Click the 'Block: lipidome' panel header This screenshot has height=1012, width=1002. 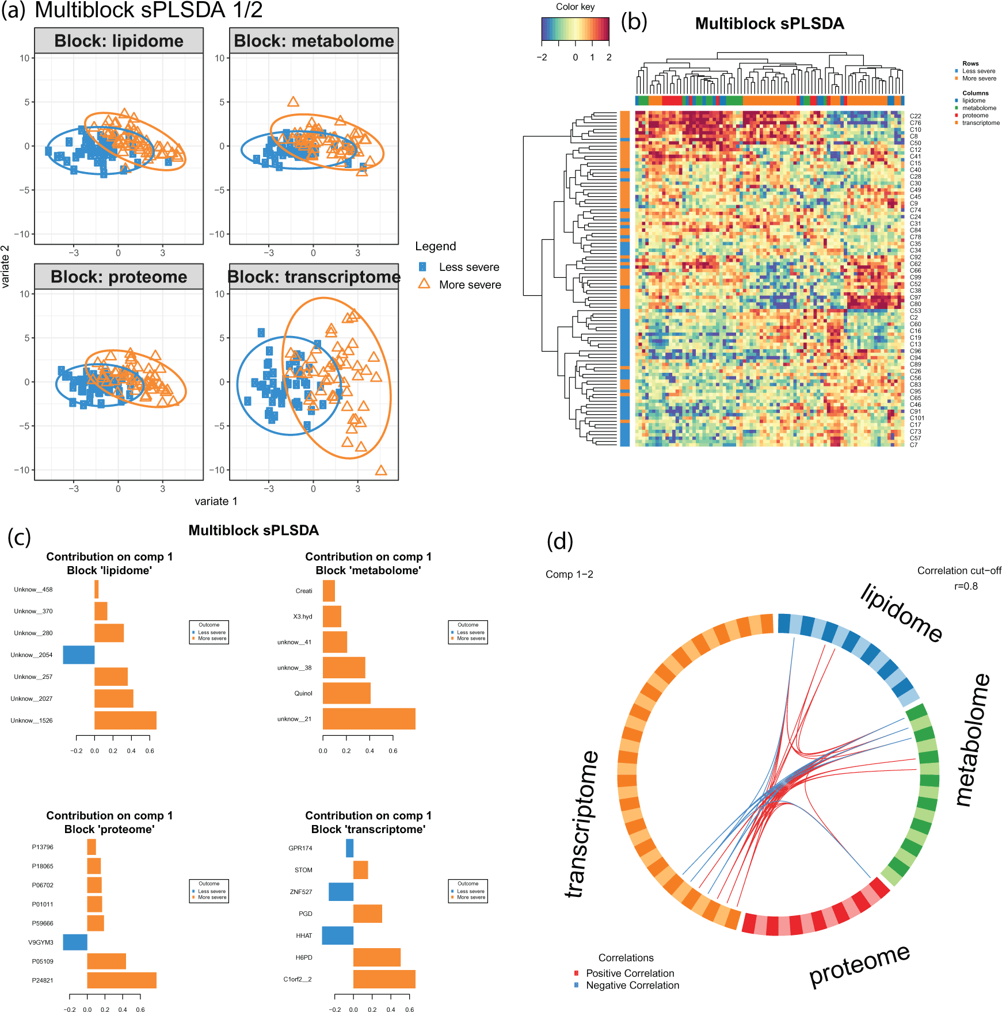click(119, 41)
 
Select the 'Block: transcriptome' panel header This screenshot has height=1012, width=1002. click(314, 277)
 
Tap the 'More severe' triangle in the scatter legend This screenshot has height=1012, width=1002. click(424, 284)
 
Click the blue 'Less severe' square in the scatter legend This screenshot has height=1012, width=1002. click(422, 267)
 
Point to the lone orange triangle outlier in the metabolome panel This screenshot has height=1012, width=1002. click(293, 102)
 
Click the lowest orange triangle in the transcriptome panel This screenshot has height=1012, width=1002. click(380, 471)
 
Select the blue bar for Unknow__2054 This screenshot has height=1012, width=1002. click(79, 655)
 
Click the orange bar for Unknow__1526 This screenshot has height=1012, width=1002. click(125, 720)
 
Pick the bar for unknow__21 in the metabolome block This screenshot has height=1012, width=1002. click(368, 719)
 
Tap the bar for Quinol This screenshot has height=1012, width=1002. click(346, 693)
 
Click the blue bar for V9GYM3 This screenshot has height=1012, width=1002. click(75, 942)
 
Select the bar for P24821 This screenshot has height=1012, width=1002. click(121, 980)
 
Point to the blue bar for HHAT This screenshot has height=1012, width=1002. click(337, 935)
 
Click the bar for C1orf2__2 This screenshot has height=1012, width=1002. click(384, 979)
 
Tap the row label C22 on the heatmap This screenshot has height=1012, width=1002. click(915, 116)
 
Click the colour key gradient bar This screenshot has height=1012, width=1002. click(575, 29)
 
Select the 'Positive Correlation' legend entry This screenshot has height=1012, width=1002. click(630, 973)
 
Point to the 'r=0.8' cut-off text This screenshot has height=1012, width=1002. click(966, 586)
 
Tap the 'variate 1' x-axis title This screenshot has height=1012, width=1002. click(216, 501)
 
